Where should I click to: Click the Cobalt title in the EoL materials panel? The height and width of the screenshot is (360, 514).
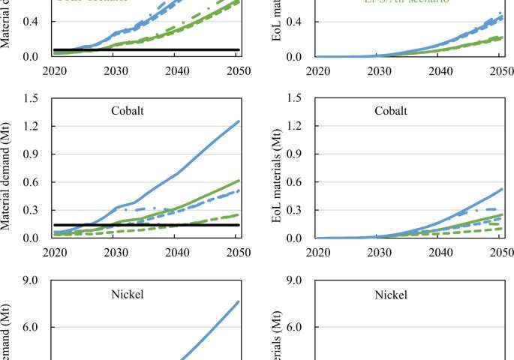(x=391, y=111)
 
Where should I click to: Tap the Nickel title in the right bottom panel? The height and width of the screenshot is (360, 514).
(x=391, y=295)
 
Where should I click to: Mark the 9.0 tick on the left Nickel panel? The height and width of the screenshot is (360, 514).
(x=30, y=281)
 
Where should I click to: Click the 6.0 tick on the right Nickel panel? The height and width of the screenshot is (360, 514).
(x=294, y=328)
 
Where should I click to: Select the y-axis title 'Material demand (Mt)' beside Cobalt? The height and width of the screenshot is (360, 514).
(x=8, y=169)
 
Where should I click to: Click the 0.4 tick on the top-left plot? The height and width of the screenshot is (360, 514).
(x=30, y=22)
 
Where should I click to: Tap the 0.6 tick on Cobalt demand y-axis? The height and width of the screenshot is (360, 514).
(x=30, y=182)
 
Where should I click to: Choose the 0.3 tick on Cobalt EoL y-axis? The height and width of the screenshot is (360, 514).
(x=294, y=210)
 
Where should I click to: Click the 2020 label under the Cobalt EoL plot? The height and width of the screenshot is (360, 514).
(x=317, y=253)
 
